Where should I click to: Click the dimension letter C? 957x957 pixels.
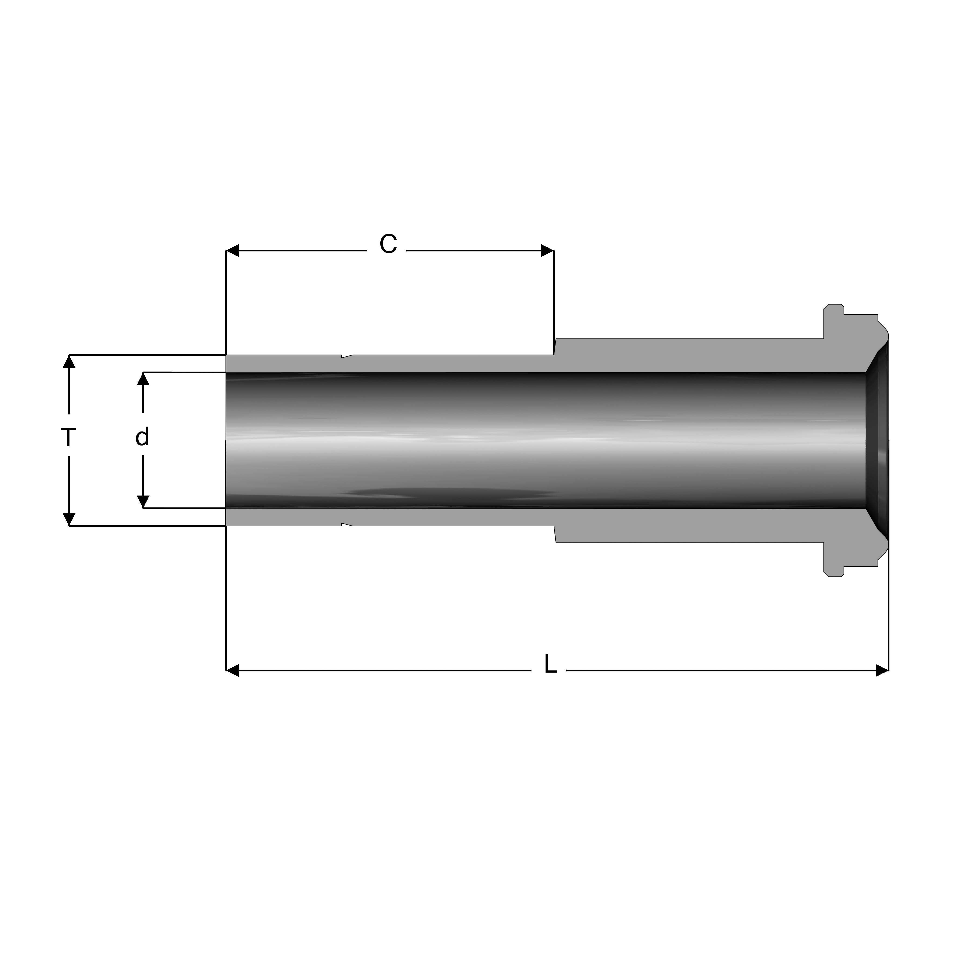pos(388,244)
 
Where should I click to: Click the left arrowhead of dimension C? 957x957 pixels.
pos(232,251)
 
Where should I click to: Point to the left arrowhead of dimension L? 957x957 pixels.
pos(232,671)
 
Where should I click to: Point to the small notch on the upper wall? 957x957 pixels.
pos(347,356)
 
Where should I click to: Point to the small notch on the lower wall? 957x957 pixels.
pos(347,524)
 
